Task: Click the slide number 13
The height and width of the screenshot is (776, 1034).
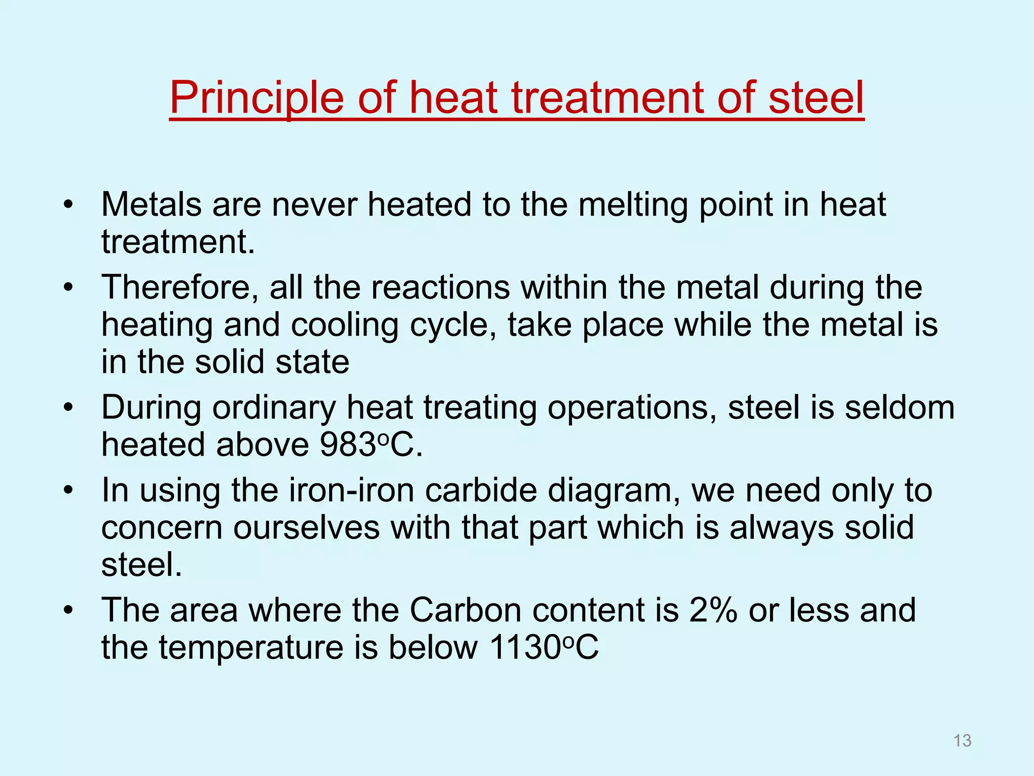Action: pos(962,741)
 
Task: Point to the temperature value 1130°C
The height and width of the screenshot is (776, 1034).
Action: pos(543,647)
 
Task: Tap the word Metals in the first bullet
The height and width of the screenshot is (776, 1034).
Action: pos(151,204)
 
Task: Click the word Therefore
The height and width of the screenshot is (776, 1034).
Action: pos(180,287)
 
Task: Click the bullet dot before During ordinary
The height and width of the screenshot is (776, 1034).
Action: pos(69,407)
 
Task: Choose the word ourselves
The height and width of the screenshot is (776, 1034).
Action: pos(306,527)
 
